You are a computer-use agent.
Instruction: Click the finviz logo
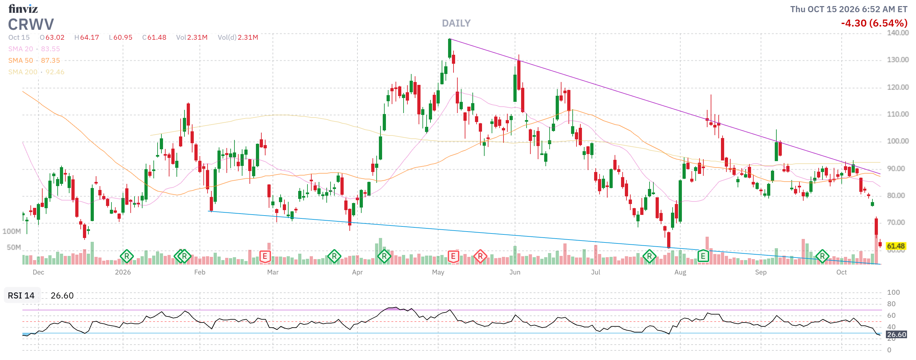[23, 8]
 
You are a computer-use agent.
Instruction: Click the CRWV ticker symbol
[31, 25]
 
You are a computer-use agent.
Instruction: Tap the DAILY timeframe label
[456, 23]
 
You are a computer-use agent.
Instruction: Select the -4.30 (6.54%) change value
[874, 23]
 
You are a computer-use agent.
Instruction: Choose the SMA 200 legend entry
[36, 72]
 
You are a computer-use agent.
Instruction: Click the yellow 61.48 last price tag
[896, 246]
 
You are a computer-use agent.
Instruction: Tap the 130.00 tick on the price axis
[897, 60]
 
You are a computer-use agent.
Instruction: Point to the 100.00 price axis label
[897, 141]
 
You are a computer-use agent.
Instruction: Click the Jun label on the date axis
[515, 272]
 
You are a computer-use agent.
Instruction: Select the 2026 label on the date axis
[123, 272]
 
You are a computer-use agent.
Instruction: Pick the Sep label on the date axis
[761, 272]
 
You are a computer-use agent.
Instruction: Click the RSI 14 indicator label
[21, 295]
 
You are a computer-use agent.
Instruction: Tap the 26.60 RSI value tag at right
[896, 334]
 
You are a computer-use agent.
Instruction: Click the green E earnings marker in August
[703, 256]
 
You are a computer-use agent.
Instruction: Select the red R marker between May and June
[480, 256]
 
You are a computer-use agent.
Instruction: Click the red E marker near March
[265, 256]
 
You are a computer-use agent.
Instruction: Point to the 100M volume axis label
[12, 231]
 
